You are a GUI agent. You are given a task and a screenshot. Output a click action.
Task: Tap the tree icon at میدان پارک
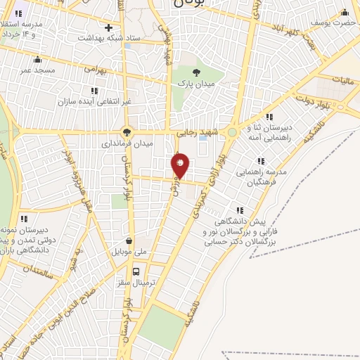click(196, 72)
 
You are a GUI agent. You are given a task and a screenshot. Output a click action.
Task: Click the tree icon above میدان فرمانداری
click(127, 131)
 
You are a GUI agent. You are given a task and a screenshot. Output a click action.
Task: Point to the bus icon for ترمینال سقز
click(136, 271)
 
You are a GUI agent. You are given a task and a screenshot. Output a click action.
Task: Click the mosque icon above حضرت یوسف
click(344, 13)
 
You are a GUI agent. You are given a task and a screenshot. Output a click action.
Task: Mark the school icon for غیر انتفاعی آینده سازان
click(94, 91)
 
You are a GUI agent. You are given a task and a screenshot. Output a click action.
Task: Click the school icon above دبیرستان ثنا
click(269, 117)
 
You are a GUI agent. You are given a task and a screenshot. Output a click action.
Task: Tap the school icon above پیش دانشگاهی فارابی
click(240, 210)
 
